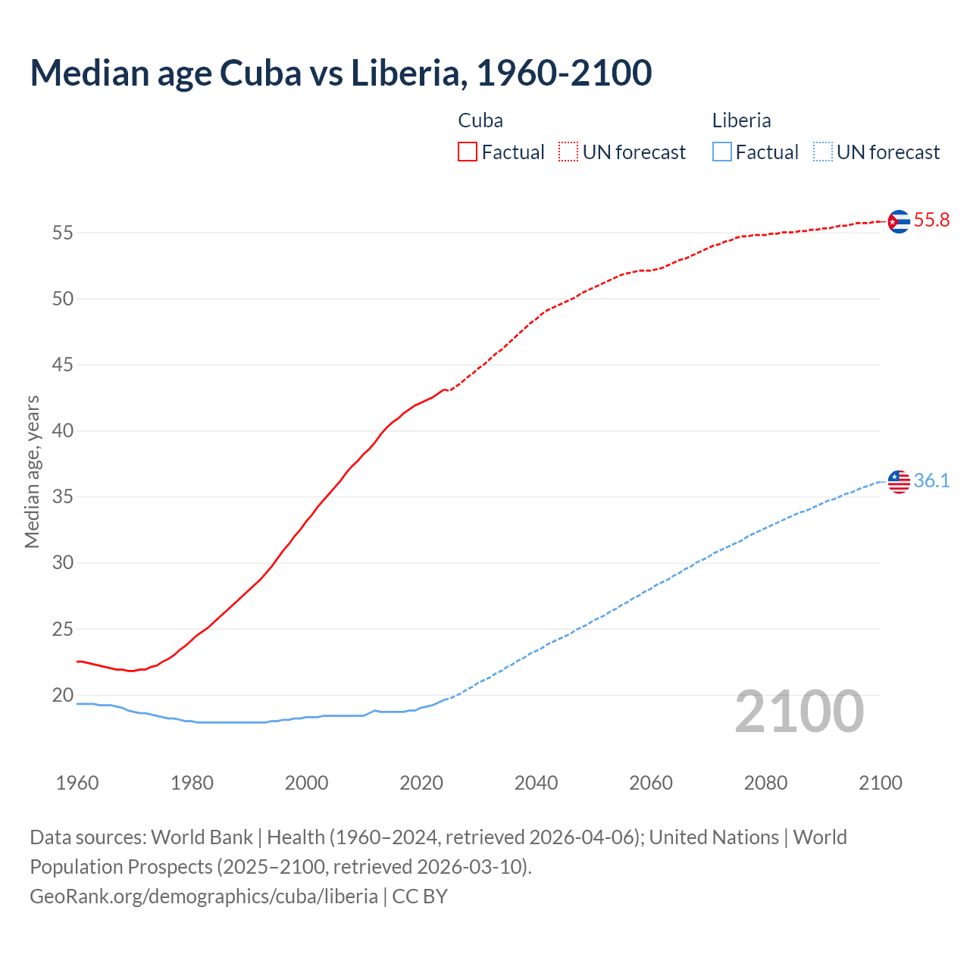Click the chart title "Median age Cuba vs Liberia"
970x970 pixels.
(x=340, y=73)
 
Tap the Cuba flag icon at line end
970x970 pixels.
(x=899, y=221)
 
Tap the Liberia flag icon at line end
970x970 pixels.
(x=899, y=482)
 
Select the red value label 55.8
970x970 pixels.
(x=931, y=221)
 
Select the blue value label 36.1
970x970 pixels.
(x=931, y=481)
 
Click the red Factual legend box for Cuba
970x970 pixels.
(x=468, y=152)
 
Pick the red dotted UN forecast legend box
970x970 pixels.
(x=568, y=152)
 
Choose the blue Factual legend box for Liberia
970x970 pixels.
(x=722, y=152)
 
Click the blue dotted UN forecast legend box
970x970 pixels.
(x=822, y=152)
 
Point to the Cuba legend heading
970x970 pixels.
(x=480, y=120)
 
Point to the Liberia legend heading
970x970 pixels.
(x=741, y=120)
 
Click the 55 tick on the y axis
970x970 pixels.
(x=63, y=233)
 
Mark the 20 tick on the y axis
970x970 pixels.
(x=63, y=695)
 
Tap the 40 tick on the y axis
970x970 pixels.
(x=63, y=431)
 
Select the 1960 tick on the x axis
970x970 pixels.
(x=77, y=783)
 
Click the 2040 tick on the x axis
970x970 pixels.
(x=536, y=783)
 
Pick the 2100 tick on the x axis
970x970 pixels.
(x=880, y=783)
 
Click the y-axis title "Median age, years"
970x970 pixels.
(x=32, y=471)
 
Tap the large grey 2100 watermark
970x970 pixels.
(x=799, y=712)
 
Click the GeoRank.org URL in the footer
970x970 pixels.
(x=204, y=896)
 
